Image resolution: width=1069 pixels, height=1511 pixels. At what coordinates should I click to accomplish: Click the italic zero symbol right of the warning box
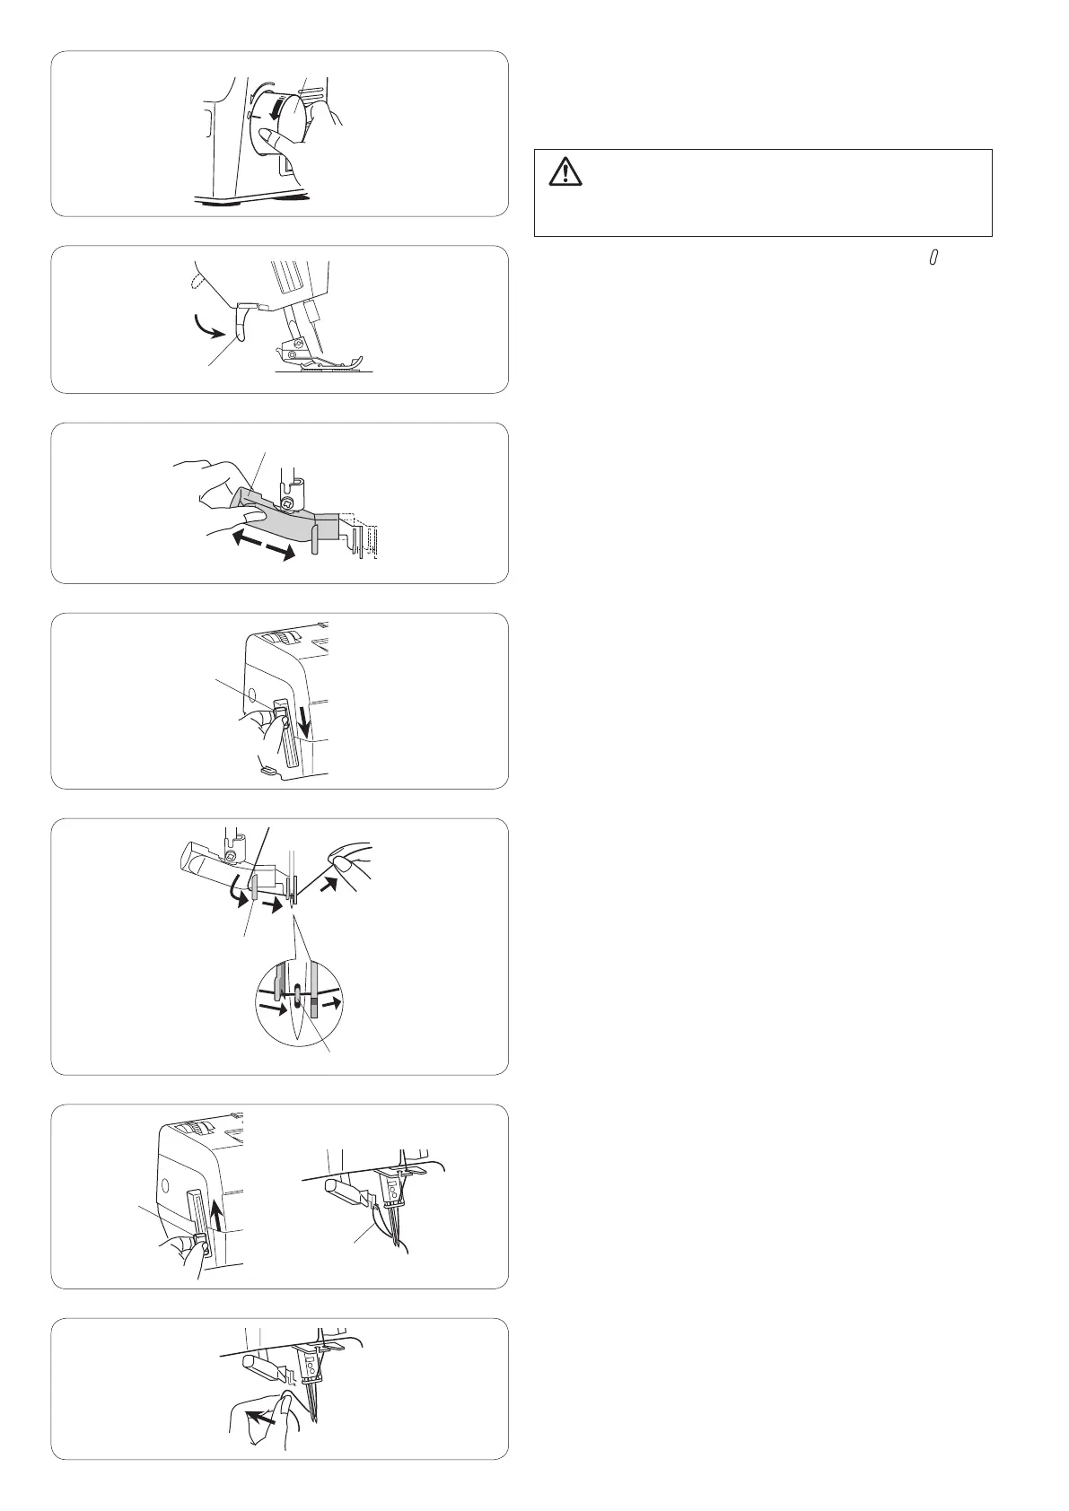pyautogui.click(x=933, y=258)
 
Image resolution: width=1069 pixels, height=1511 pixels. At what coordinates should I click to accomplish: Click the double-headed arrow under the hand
pyautogui.click(x=262, y=544)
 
